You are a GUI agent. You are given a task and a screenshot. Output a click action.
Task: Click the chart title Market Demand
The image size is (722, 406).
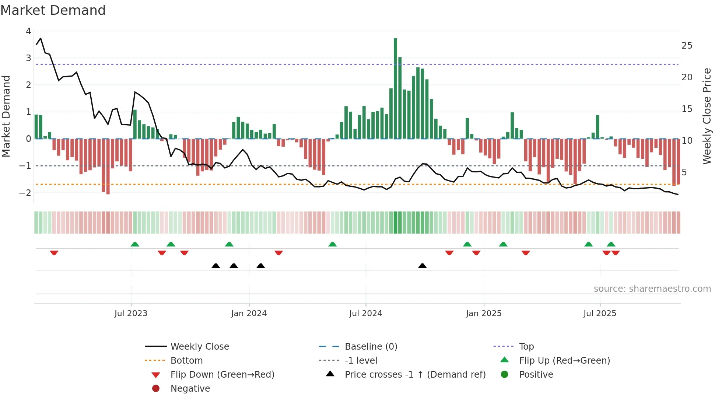click(x=53, y=10)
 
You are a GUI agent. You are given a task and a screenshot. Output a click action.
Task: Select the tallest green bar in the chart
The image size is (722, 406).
click(x=395, y=88)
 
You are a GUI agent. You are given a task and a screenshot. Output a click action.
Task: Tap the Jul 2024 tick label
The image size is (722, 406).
click(x=365, y=314)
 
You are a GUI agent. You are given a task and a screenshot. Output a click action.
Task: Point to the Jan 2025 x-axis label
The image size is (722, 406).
click(x=483, y=314)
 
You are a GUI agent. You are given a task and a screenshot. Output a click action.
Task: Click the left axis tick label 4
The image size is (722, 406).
click(x=28, y=31)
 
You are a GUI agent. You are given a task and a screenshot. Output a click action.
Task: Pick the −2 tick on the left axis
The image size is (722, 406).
click(x=25, y=193)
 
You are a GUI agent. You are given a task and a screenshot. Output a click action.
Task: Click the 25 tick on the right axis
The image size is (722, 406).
click(x=687, y=46)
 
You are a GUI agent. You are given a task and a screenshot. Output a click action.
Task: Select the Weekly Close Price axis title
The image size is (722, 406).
click(x=707, y=116)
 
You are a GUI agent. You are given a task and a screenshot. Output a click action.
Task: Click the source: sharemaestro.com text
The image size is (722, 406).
click(x=652, y=289)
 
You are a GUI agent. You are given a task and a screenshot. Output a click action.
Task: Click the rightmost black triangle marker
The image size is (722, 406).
click(x=422, y=266)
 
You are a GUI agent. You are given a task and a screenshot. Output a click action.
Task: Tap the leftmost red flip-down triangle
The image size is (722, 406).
click(x=54, y=253)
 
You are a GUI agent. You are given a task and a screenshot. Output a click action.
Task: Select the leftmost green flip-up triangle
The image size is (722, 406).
click(x=135, y=244)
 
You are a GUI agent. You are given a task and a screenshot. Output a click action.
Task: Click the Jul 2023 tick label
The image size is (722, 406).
click(x=131, y=314)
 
